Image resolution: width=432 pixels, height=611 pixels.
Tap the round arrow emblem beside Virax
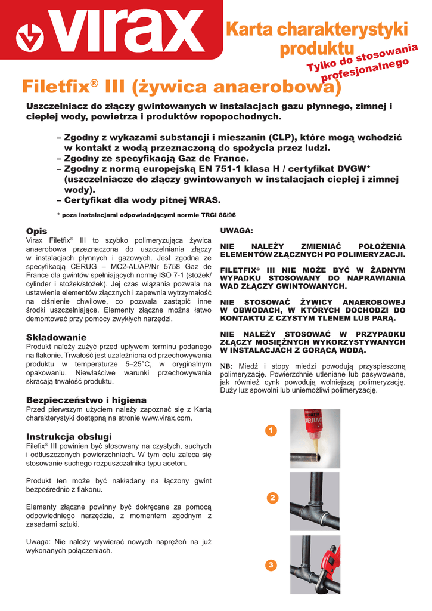click(x=29, y=38)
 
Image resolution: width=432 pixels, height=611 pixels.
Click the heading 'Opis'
click(x=36, y=231)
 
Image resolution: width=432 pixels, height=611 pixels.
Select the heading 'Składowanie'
click(x=56, y=337)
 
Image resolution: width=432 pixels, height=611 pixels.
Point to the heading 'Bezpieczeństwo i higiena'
click(x=86, y=400)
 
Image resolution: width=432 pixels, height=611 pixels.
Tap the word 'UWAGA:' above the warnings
click(x=237, y=230)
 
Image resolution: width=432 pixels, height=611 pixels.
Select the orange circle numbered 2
click(x=272, y=498)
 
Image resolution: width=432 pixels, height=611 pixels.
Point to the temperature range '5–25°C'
click(x=139, y=363)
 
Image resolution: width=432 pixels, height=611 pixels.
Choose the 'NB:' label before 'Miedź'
click(x=227, y=366)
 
